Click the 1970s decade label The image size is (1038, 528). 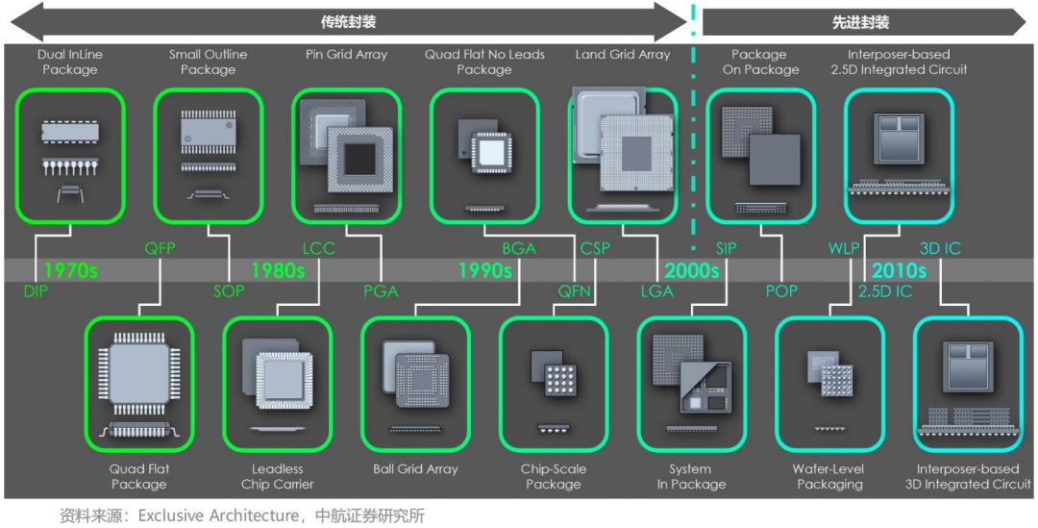coord(70,270)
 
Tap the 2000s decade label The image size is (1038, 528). coord(690,270)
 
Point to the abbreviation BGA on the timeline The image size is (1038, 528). coord(519,249)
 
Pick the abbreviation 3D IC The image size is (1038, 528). coord(940,249)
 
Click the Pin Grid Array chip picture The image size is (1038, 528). coord(346,154)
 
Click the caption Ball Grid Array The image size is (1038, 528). coord(415,469)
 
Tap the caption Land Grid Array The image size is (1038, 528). coord(623,55)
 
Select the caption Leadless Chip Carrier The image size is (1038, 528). coord(277,477)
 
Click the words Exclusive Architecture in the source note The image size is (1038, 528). coord(218,515)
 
